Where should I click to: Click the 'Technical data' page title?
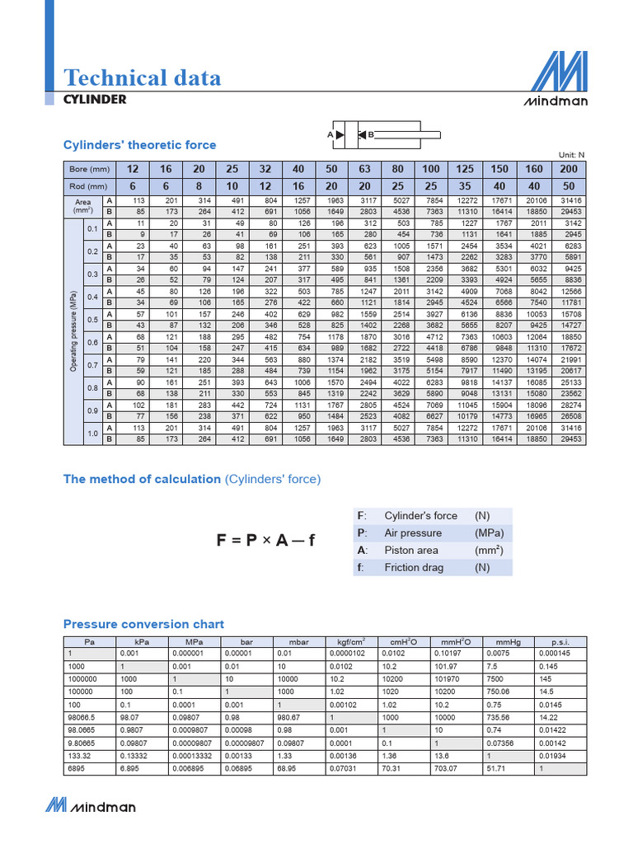(x=143, y=77)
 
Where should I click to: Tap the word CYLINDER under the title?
(x=95, y=99)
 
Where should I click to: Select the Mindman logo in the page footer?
(x=91, y=805)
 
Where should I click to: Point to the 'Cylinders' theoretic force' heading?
(x=139, y=145)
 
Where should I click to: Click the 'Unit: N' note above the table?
(x=571, y=154)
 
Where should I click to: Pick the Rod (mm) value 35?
(x=466, y=186)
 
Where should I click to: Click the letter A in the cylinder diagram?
(x=330, y=134)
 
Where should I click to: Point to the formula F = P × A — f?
(x=265, y=541)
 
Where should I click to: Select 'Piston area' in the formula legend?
(x=411, y=550)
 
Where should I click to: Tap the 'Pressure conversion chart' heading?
(x=143, y=624)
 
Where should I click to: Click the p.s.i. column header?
(x=560, y=641)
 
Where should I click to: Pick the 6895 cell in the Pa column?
(x=76, y=768)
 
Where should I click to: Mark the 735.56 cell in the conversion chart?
(x=500, y=717)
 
